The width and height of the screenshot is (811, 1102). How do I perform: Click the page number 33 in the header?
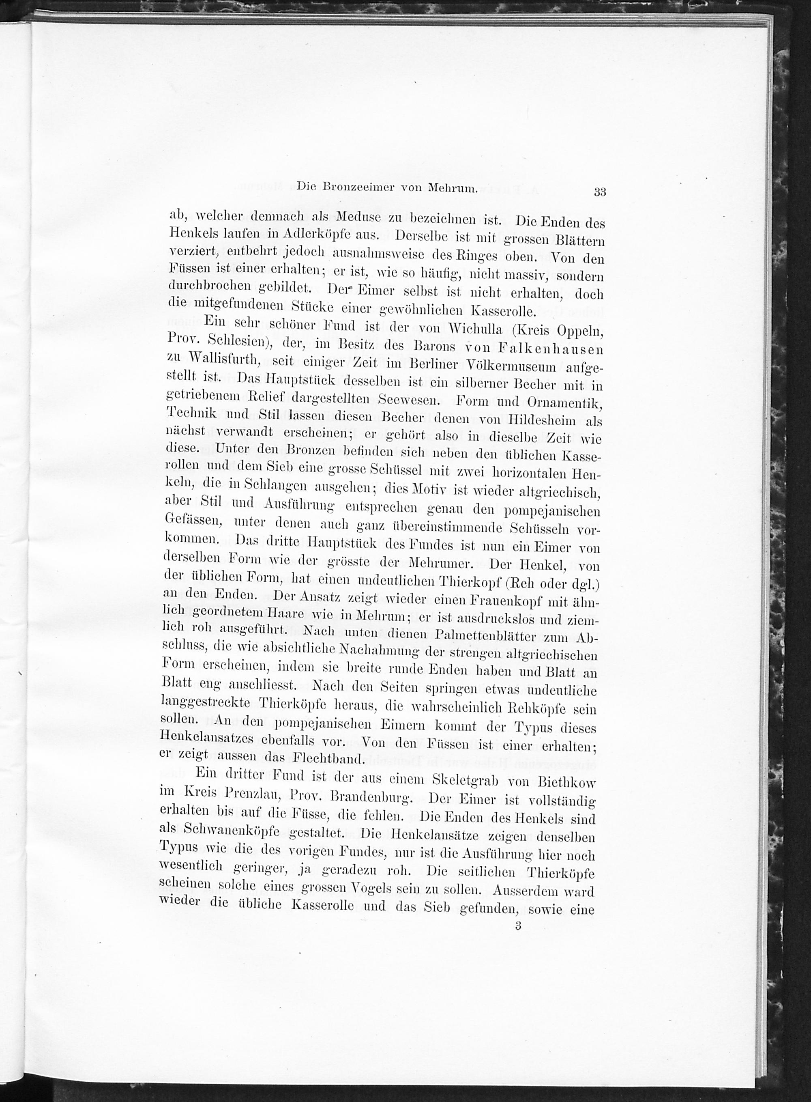600,192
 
